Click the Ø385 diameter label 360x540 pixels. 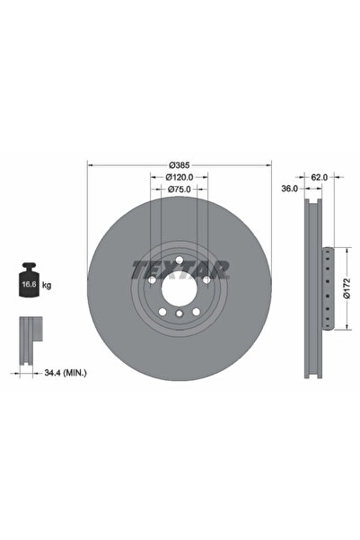[x=180, y=165]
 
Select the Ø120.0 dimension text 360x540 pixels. [x=180, y=177]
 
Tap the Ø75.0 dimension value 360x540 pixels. [x=180, y=190]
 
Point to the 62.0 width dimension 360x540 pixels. [x=318, y=178]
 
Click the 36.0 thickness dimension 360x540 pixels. [x=289, y=190]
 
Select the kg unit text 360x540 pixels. [x=48, y=284]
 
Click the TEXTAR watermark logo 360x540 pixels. [x=180, y=268]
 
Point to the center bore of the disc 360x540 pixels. [x=180, y=288]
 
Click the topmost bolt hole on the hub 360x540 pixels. [x=180, y=261]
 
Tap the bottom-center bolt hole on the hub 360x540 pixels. [x=180, y=314]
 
